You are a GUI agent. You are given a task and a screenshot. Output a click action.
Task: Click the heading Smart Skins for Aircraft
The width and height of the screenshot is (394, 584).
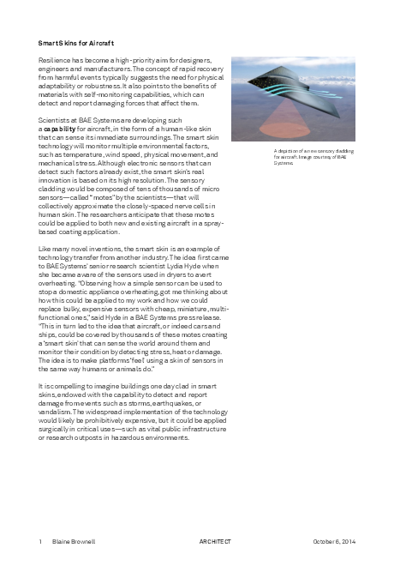[76, 42]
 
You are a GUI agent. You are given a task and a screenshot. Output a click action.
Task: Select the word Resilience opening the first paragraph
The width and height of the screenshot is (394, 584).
[55, 62]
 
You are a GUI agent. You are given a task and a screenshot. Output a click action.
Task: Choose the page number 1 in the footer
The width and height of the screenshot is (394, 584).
[40, 542]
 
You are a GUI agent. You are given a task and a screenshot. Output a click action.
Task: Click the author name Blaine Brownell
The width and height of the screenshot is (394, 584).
[75, 542]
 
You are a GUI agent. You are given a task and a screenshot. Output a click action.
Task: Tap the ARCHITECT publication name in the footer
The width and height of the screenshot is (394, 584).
[216, 542]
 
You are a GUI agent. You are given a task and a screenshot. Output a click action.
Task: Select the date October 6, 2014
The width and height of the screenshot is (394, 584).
[333, 542]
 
